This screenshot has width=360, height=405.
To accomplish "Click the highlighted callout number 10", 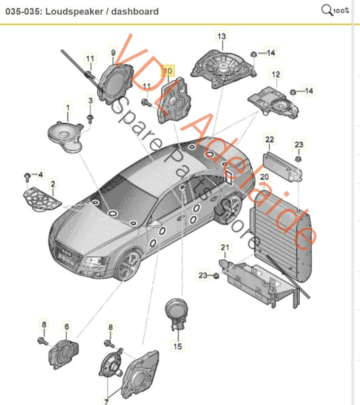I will coord(169,70).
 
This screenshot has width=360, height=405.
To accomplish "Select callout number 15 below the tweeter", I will coord(178,346).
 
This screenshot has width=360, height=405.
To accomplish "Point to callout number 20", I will coord(264,177).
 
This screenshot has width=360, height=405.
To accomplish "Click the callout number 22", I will coord(269,140).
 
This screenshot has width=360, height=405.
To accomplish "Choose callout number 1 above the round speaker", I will coord(67,107).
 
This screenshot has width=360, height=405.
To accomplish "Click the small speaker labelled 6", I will coord(67,352).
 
